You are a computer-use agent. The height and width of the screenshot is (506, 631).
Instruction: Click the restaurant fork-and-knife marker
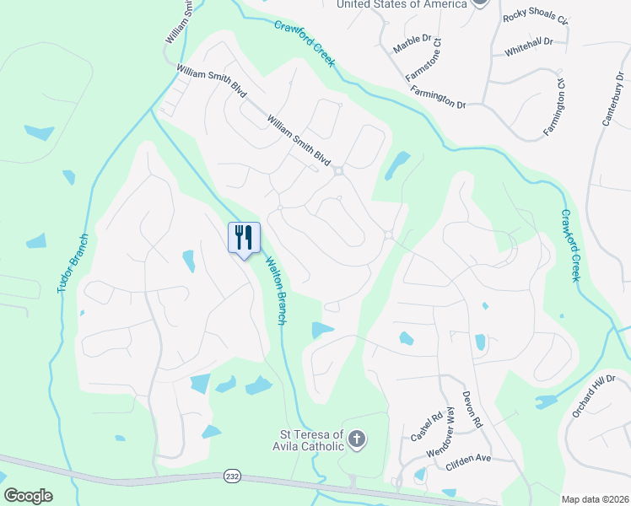pos(244,237)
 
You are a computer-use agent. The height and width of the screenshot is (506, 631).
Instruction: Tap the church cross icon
pos(357,439)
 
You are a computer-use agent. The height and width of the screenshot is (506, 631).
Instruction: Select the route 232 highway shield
pos(232,476)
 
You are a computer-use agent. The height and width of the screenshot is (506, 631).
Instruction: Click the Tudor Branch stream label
pos(72,263)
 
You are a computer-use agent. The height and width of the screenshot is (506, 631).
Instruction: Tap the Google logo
pos(28,496)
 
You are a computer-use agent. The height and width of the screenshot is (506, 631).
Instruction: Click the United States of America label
pos(402,4)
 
